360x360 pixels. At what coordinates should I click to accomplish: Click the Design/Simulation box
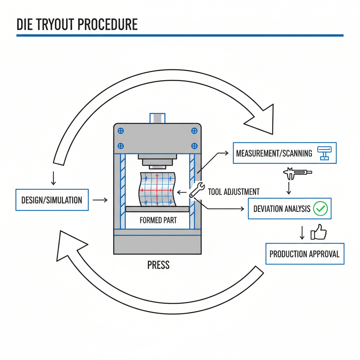[x=52, y=200]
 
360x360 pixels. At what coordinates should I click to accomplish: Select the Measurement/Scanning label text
[x=274, y=153]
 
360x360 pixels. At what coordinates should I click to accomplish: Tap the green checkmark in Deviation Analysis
[x=320, y=209]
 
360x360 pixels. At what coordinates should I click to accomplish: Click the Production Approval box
[x=304, y=253]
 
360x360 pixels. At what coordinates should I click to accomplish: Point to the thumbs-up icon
[x=319, y=232]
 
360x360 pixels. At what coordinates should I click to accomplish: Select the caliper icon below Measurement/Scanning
[x=297, y=172]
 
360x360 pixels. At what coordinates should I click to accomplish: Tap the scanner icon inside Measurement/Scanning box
[x=324, y=153]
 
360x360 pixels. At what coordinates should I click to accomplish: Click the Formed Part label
[x=158, y=220]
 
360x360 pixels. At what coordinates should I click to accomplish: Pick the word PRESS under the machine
[x=159, y=265]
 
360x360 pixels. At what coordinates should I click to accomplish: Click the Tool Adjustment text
[x=233, y=192]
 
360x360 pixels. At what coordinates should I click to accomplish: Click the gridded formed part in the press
[x=157, y=189]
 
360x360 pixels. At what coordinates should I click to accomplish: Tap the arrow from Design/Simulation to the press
[x=100, y=200]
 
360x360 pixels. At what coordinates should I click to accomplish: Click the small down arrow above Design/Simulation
[x=53, y=178]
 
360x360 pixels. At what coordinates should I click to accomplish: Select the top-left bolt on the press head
[x=121, y=131]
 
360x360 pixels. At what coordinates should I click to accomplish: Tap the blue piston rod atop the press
[x=157, y=118]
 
